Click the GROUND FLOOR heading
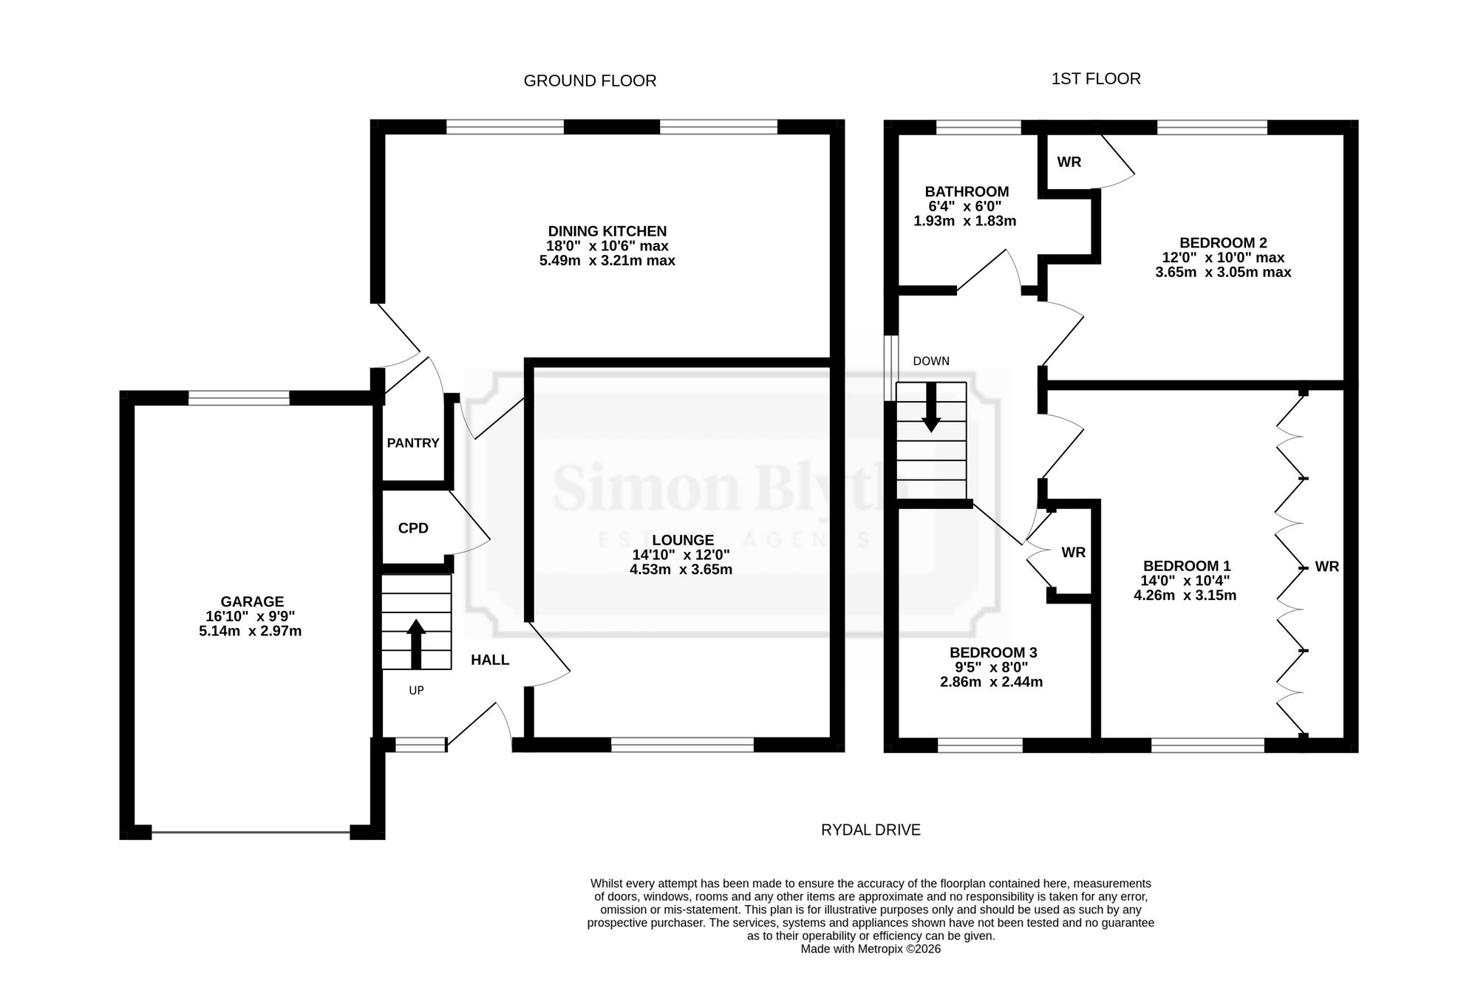[x=590, y=81]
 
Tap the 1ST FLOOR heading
[x=1096, y=79]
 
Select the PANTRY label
[x=413, y=443]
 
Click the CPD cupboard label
[x=413, y=529]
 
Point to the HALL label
[x=490, y=660]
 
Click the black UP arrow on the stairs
[x=416, y=644]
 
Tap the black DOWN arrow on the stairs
[x=931, y=407]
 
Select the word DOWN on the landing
[x=931, y=361]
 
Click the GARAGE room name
[x=252, y=602]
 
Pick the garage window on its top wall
[x=239, y=398]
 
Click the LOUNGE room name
[x=683, y=541]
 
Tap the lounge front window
[x=682, y=745]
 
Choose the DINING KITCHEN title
[x=607, y=232]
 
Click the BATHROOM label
[x=967, y=192]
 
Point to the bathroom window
[x=979, y=127]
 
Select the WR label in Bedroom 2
[x=1069, y=163]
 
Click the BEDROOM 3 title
[x=993, y=653]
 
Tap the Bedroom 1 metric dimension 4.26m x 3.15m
[x=1185, y=595]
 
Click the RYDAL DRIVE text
[x=871, y=830]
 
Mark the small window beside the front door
[x=421, y=745]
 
